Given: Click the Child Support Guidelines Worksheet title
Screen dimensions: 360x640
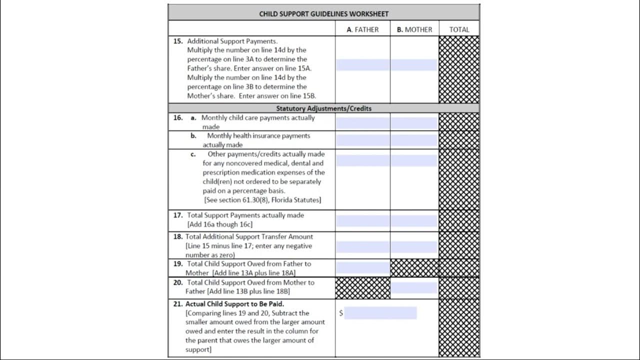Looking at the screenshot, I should [323, 13].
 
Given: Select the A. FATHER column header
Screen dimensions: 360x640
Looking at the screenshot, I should [362, 29].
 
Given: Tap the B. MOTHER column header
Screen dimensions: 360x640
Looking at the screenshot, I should [414, 29].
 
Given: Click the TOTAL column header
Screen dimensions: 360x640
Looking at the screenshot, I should [459, 29].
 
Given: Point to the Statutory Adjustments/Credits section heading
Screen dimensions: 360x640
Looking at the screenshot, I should [323, 108].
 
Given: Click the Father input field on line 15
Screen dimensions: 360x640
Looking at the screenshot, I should [362, 64].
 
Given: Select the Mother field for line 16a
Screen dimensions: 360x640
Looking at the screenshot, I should [414, 123].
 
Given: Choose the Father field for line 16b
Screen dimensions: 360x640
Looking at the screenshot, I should [362, 140].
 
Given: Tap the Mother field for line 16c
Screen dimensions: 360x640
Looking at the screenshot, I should [414, 160].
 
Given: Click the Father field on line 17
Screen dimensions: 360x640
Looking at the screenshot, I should [362, 220].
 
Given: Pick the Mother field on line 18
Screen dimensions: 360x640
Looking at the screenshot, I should [414, 246].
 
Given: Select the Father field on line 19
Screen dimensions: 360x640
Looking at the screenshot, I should [362, 268].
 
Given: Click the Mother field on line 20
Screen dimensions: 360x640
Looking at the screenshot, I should [414, 287].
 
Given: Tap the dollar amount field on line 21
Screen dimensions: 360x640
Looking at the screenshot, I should [380, 313].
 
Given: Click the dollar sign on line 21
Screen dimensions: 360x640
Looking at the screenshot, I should [341, 313].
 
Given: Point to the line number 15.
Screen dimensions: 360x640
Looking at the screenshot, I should [178, 41].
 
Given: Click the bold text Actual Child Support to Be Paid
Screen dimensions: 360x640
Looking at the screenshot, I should [234, 303].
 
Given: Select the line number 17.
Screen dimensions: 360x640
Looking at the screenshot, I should [178, 215].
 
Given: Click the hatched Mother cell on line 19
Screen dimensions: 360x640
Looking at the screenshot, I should [414, 268].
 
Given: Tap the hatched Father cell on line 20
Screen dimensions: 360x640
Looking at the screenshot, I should [362, 288].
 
